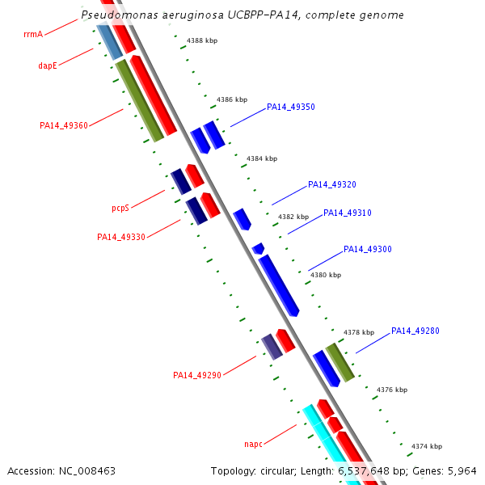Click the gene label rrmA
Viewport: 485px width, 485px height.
(x=34, y=35)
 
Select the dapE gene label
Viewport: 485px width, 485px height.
(x=48, y=65)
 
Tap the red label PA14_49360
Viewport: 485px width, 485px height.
(x=64, y=125)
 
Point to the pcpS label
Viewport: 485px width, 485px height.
(x=120, y=208)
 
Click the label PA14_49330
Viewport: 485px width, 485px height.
(x=121, y=237)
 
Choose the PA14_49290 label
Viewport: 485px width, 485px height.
(x=197, y=375)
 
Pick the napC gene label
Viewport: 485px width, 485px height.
(x=254, y=444)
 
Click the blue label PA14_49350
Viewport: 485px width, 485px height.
(x=291, y=107)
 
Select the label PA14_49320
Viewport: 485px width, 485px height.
(x=332, y=184)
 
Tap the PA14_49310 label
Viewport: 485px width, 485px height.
(x=348, y=213)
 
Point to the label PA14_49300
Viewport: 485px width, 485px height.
(x=368, y=249)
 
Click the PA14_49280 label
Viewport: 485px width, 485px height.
(x=415, y=331)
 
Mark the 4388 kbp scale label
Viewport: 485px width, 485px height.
(x=202, y=40)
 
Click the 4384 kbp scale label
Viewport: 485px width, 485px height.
(x=262, y=158)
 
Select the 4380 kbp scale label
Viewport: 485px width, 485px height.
(x=326, y=275)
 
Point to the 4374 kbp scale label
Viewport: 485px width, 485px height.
(x=427, y=446)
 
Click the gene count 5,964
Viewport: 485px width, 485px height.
(x=462, y=470)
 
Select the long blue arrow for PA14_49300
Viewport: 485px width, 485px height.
(x=279, y=285)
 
